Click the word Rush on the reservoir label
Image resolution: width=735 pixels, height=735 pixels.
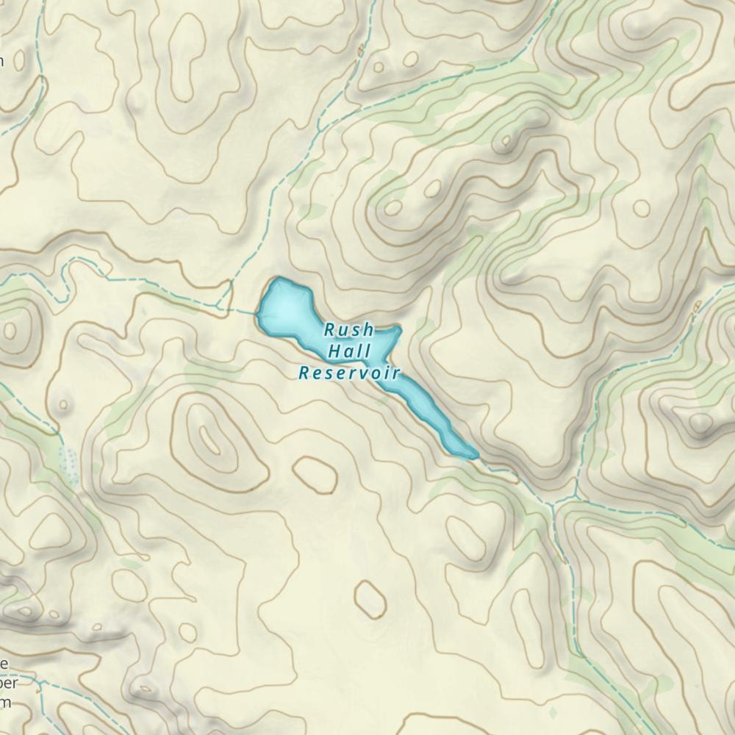tap(349, 330)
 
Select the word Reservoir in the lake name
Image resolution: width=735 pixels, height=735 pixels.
tap(349, 373)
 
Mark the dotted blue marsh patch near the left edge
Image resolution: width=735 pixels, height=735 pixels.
tap(68, 463)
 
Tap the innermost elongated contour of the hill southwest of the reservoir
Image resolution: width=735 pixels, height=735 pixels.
tap(211, 441)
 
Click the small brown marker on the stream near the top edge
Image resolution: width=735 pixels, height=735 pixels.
tap(360, 50)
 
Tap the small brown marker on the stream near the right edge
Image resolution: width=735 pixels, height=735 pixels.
tap(697, 304)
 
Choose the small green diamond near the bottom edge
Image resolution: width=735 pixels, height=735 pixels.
tap(552, 711)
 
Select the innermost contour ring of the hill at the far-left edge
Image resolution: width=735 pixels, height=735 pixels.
tap(10, 330)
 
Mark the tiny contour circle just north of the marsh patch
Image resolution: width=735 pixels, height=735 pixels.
tap(63, 404)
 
